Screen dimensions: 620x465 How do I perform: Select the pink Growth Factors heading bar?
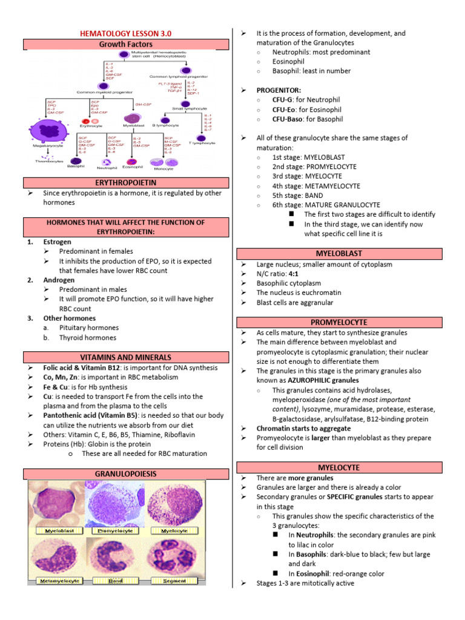(x=126, y=44)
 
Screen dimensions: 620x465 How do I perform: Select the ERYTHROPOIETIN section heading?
(x=126, y=182)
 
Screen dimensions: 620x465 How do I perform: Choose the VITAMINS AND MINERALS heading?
(x=126, y=357)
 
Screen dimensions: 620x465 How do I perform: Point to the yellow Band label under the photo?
(x=116, y=581)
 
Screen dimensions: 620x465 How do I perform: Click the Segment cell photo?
(x=174, y=555)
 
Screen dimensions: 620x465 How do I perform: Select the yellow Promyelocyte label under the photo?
(x=116, y=531)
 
